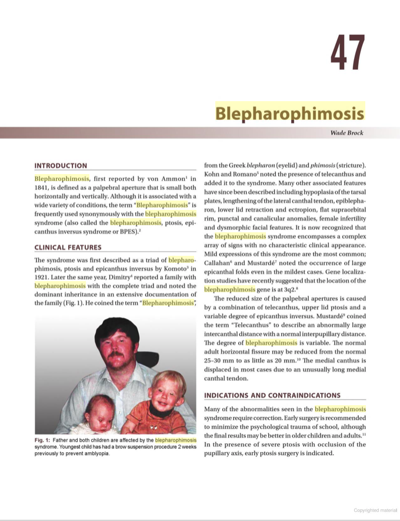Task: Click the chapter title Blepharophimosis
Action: click(x=289, y=112)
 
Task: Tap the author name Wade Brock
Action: click(x=346, y=133)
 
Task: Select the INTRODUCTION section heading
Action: click(x=61, y=166)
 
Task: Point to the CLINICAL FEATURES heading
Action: click(x=68, y=248)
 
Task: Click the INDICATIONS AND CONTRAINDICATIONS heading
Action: click(x=272, y=395)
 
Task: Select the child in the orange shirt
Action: click(x=154, y=409)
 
